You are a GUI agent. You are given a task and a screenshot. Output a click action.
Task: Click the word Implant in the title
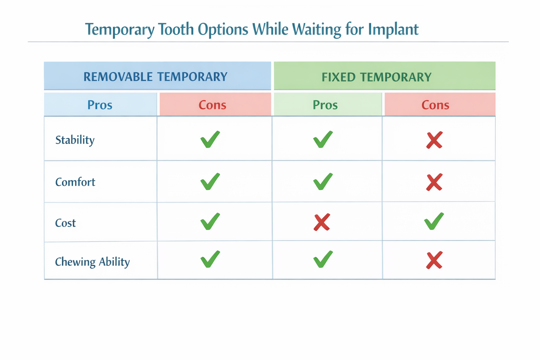[x=393, y=30]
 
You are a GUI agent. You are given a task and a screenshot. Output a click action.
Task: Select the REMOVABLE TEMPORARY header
[x=155, y=77]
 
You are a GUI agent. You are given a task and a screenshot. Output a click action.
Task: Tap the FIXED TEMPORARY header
[x=377, y=77]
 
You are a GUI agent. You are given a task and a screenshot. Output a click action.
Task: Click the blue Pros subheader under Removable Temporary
[x=100, y=105]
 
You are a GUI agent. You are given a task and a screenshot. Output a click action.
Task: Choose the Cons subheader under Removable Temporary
[x=212, y=105]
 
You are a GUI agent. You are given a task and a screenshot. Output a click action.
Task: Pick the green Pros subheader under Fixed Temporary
[x=325, y=105]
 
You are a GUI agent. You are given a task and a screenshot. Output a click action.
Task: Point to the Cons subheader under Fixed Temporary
[x=435, y=105]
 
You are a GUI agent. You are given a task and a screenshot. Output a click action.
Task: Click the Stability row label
[x=75, y=140]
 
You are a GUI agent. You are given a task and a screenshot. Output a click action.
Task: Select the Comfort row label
[x=75, y=182]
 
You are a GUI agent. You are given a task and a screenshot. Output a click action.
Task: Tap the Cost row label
[x=65, y=223]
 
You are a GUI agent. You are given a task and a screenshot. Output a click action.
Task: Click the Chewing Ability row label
[x=92, y=262]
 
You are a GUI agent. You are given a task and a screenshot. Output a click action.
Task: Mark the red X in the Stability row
[x=434, y=140]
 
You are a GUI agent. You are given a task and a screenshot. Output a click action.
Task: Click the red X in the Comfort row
[x=434, y=182]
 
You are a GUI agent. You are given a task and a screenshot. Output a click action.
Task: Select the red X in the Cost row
[x=322, y=222]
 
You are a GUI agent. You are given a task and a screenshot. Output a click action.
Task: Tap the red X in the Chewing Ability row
[x=434, y=261]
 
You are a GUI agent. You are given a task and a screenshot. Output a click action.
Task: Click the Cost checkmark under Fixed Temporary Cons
[x=434, y=221]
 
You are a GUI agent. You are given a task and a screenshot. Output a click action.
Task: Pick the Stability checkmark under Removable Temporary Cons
[x=210, y=140]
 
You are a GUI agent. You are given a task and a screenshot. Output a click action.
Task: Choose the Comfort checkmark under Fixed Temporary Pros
[x=322, y=182]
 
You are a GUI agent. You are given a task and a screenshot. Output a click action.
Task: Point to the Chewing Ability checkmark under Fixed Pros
[x=322, y=259]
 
